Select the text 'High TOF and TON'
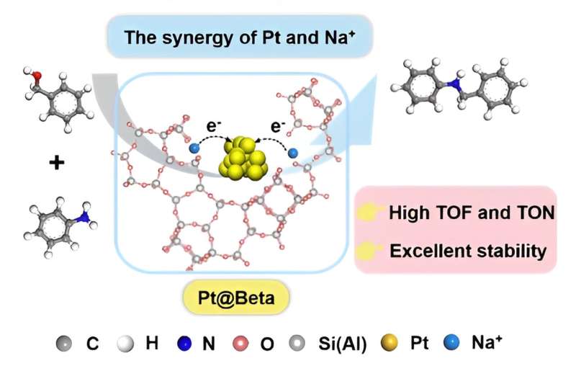click(471, 213)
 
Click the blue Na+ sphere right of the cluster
click(292, 153)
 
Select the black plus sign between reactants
click(56, 164)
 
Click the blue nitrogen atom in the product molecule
click(453, 84)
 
